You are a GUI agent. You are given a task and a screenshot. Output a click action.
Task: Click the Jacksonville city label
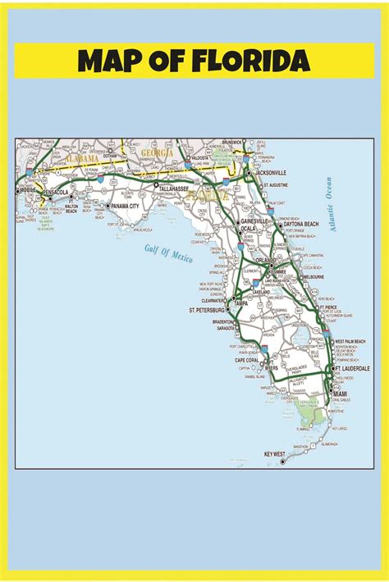point(271,173)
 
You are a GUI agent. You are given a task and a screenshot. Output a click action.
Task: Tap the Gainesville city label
point(254,221)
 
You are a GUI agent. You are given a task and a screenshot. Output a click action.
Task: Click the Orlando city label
point(265,260)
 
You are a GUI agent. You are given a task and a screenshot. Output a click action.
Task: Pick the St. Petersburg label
point(207,311)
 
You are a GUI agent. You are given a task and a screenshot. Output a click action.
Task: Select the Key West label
point(273,453)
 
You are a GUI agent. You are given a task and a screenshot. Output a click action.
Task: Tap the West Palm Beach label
point(354,340)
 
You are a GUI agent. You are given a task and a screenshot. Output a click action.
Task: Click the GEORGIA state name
point(157,152)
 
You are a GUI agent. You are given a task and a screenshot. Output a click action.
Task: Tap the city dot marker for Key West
point(283,461)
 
